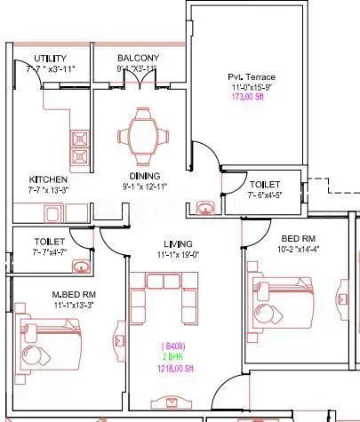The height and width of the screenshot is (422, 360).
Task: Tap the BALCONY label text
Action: pyautogui.click(x=138, y=58)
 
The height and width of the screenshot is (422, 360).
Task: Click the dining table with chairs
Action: pyautogui.click(x=141, y=131)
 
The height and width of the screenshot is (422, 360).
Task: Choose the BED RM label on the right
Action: pyautogui.click(x=297, y=240)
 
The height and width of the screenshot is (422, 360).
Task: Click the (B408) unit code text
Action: pyautogui.click(x=172, y=345)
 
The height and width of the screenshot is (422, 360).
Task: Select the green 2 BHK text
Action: pyautogui.click(x=172, y=354)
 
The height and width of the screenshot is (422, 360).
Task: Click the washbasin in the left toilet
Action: pyautogui.click(x=80, y=266)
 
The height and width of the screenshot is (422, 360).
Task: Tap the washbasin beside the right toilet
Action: pyautogui.click(x=206, y=209)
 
